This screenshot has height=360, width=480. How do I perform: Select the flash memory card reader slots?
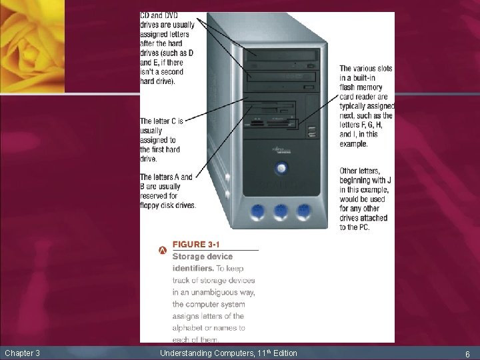pyautogui.click(x=270, y=123)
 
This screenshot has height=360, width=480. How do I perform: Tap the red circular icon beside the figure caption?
pyautogui.click(x=163, y=251)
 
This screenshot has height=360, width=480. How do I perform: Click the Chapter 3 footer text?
pyautogui.click(x=22, y=352)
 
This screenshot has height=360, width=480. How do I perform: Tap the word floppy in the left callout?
pyautogui.click(x=151, y=205)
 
